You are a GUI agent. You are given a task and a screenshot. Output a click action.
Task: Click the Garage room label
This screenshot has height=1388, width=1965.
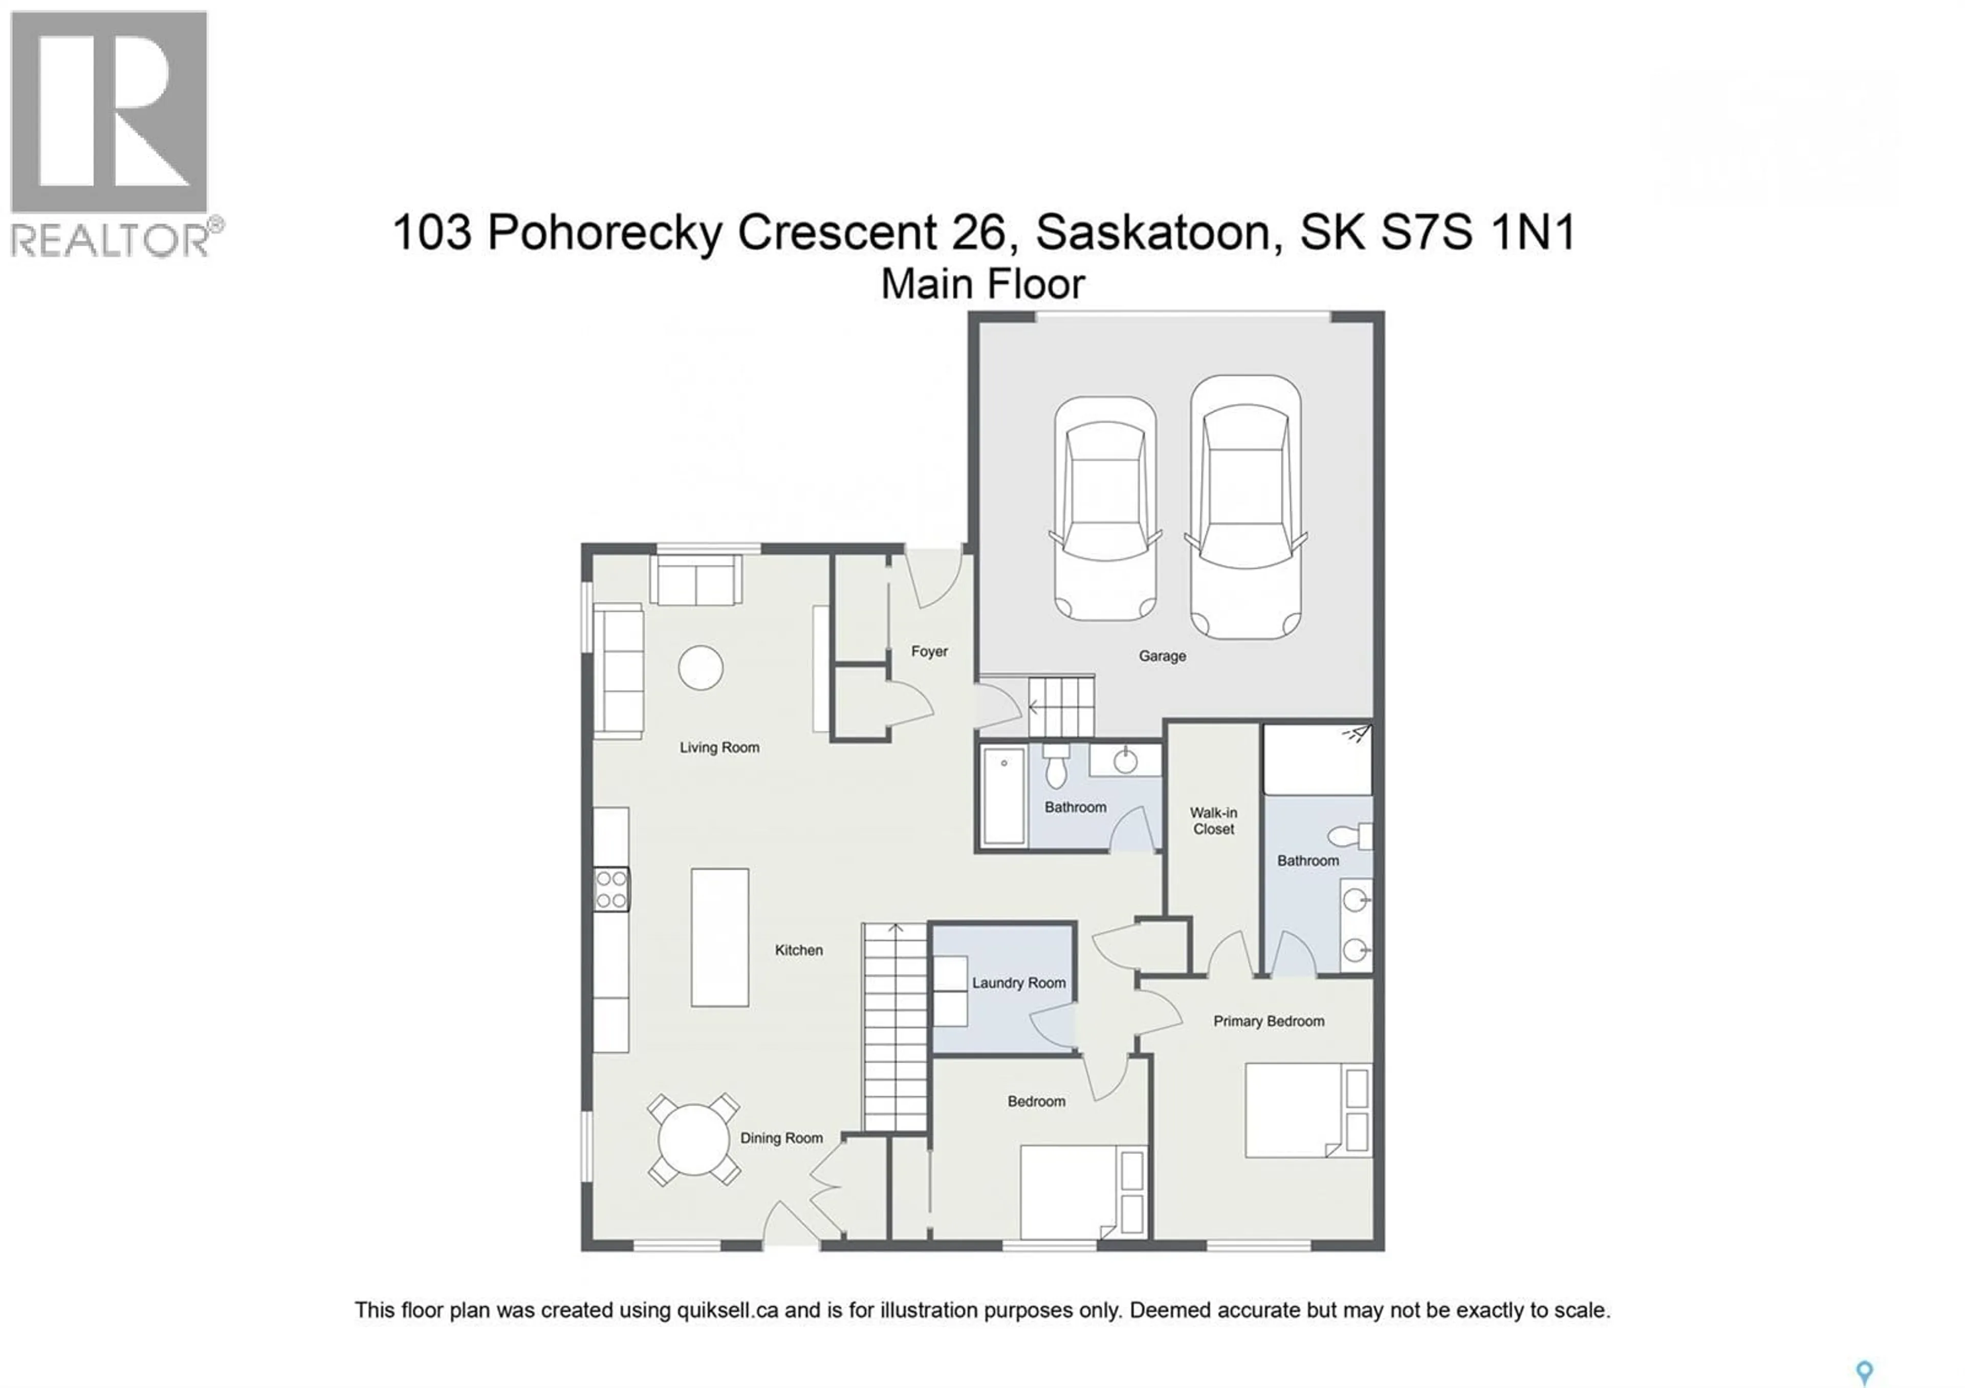1162,656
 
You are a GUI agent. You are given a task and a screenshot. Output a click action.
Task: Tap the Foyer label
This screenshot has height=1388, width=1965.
929,651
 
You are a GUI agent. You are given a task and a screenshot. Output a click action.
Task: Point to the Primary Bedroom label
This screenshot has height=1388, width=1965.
1269,1021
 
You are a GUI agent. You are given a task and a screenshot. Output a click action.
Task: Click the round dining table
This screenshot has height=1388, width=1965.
693,1139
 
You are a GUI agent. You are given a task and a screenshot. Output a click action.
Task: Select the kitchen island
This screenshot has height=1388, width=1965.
720,937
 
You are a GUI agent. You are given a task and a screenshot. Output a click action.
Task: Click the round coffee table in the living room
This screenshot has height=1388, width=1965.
700,667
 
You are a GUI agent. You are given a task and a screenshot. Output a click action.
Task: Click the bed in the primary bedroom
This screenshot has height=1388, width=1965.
1307,1110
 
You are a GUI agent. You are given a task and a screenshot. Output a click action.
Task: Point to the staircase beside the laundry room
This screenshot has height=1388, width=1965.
894,1027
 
